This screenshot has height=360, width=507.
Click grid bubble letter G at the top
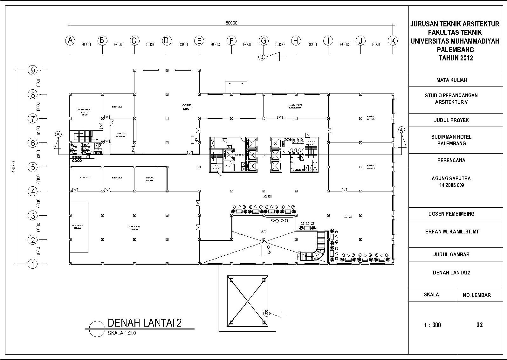tap(264, 41)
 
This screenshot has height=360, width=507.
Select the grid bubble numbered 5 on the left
tap(33, 167)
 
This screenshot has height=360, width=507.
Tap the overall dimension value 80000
tap(231, 23)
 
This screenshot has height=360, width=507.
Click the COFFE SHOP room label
tap(187, 107)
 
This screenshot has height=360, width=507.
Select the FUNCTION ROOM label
tap(134, 227)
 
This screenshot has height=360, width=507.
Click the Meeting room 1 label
tap(371, 117)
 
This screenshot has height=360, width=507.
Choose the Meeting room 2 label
tap(371, 166)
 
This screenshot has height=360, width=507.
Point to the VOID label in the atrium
tap(264, 232)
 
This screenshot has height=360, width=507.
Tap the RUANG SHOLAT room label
tap(150, 179)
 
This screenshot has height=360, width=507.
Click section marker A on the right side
tap(402, 130)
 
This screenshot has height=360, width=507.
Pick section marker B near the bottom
tap(266, 314)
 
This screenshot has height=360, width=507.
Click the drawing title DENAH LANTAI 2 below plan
tap(145, 322)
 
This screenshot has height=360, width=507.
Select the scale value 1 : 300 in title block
tap(432, 325)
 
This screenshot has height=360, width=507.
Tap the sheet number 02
tap(479, 325)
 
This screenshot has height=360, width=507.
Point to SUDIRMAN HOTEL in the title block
tap(451, 137)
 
